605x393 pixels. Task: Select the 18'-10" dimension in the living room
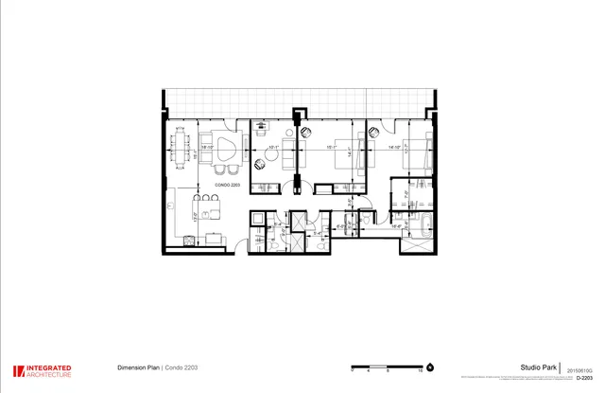207,148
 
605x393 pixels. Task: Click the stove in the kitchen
188,239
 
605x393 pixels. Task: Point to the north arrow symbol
429,366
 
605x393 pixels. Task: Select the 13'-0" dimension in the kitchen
196,216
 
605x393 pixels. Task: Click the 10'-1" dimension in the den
273,149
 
